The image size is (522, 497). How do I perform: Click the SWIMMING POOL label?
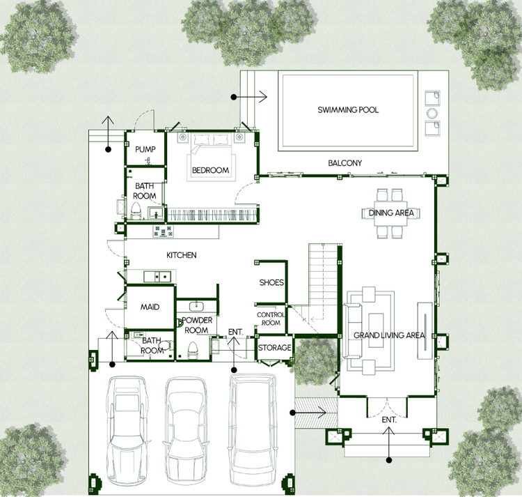(348, 109)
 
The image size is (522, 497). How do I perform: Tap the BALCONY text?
(345, 163)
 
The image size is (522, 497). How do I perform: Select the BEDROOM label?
(211, 170)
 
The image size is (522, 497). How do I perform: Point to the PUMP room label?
(145, 149)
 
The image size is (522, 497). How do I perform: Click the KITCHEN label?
(182, 255)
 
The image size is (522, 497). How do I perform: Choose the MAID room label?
(150, 307)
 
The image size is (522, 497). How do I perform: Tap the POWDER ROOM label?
(197, 325)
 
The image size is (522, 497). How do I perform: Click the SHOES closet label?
(271, 283)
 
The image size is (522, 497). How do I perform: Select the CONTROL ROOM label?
(271, 319)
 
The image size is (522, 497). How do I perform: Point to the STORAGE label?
(275, 348)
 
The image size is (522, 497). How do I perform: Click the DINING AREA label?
(391, 213)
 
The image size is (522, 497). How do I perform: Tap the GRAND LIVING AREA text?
(389, 335)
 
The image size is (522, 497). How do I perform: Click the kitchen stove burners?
(163, 231)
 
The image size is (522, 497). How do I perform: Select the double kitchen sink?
(157, 276)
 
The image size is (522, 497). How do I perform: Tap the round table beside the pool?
(432, 114)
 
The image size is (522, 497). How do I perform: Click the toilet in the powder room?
(193, 350)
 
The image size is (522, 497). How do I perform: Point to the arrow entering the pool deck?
(251, 97)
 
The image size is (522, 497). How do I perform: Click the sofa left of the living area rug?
(353, 330)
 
